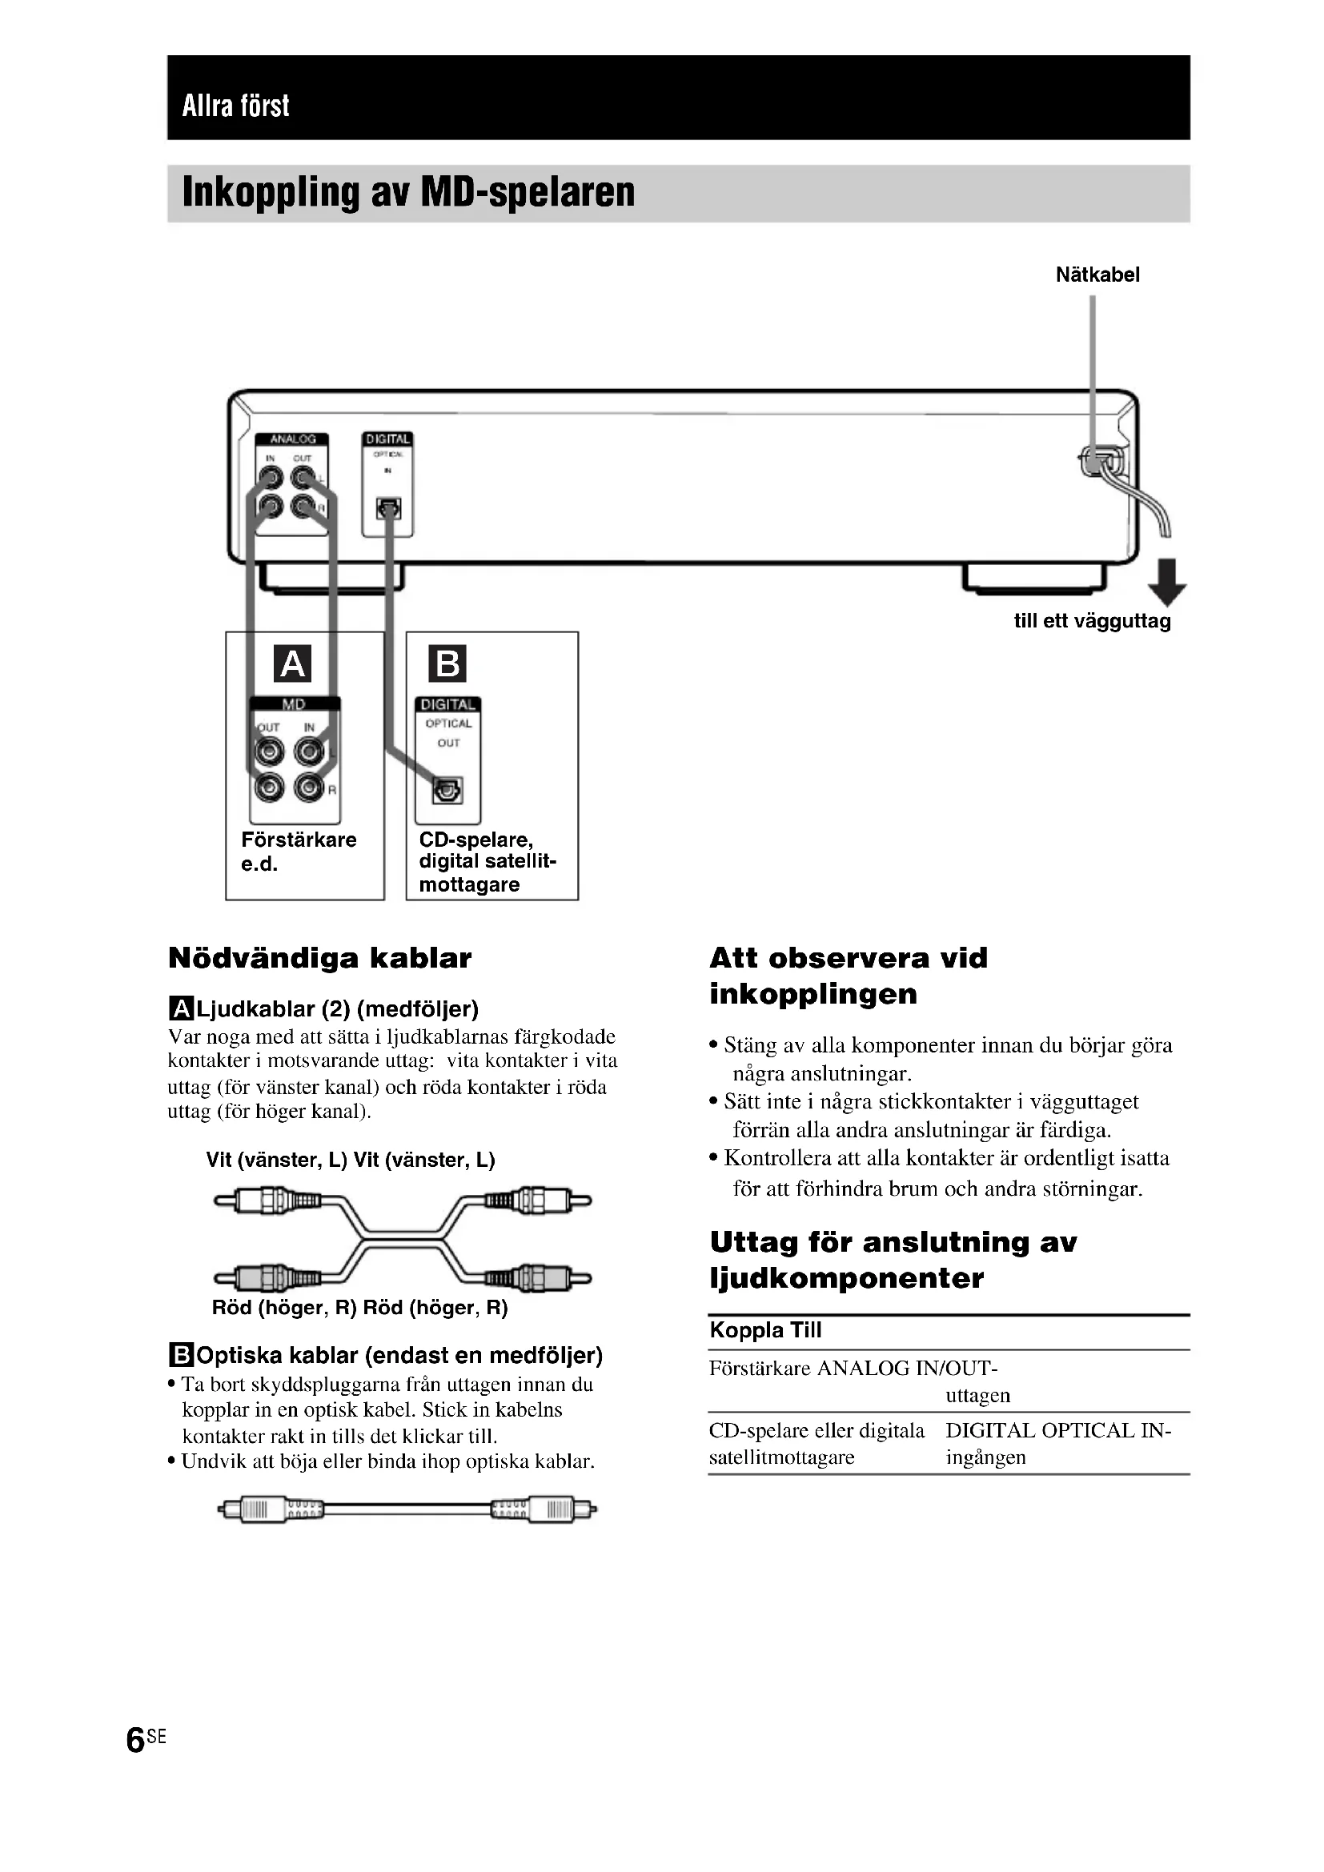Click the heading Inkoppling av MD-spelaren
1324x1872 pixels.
click(x=408, y=192)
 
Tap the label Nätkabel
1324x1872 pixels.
click(x=1097, y=275)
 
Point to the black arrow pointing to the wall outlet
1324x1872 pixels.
click(x=1166, y=581)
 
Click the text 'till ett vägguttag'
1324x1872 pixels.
click(x=1092, y=621)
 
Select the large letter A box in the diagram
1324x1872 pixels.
click(x=293, y=663)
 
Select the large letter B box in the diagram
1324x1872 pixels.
click(x=447, y=663)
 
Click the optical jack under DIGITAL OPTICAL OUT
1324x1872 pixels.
click(x=447, y=790)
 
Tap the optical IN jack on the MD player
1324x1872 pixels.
click(x=388, y=509)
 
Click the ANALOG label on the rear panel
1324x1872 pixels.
click(x=292, y=439)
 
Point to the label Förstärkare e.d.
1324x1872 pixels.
click(x=299, y=852)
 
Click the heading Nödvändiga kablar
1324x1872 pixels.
click(x=319, y=958)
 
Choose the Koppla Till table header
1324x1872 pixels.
click(x=765, y=1330)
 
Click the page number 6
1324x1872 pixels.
click(x=135, y=1739)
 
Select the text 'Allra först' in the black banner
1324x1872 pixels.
click(x=235, y=106)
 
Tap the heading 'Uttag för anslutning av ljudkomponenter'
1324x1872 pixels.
click(x=893, y=1260)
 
